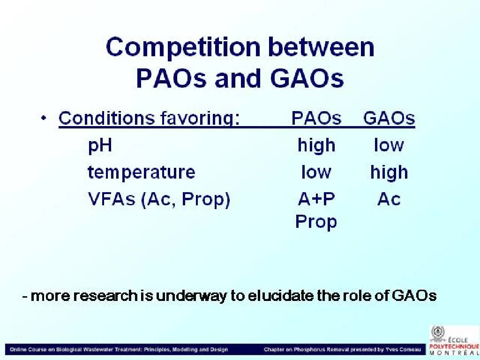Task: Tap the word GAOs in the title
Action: click(x=307, y=78)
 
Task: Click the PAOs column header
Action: click(x=316, y=118)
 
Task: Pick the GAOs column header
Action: click(x=389, y=118)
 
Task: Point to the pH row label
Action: click(x=100, y=146)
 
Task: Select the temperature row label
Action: click(x=142, y=172)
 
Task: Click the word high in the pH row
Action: click(x=316, y=145)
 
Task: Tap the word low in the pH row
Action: click(x=389, y=145)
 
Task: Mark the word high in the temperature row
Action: click(x=389, y=172)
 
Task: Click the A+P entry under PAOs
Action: click(x=316, y=199)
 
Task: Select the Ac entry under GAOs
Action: click(x=389, y=199)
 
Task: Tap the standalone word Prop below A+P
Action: click(x=316, y=222)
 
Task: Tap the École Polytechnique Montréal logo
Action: click(x=454, y=340)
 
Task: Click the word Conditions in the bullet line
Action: click(x=106, y=118)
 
